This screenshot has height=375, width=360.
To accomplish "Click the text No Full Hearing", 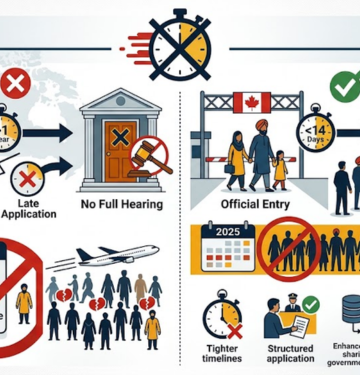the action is tap(121, 208).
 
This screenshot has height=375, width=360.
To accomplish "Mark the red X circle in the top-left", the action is tap(16, 85).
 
